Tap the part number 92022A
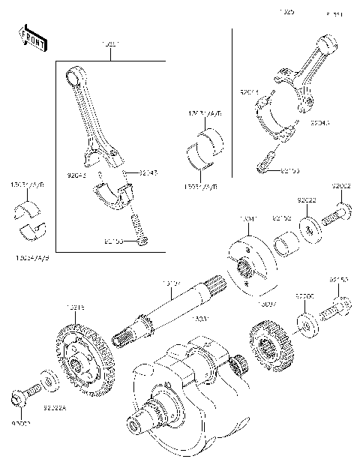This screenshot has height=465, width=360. pos(55,408)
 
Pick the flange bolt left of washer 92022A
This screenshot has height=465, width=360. pos(23,392)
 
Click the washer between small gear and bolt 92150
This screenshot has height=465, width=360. pos(306,322)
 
